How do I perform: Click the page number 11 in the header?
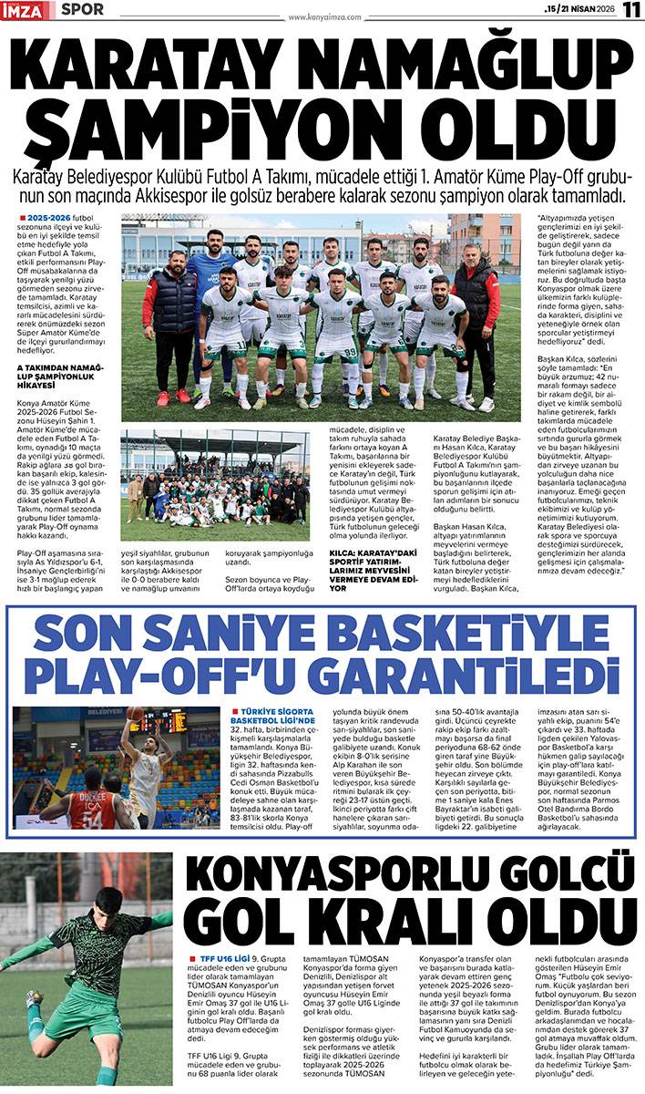tap(631, 10)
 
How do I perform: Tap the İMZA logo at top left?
tap(28, 10)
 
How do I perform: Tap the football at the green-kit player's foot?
tap(35, 1000)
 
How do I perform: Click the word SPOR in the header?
tap(83, 10)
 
